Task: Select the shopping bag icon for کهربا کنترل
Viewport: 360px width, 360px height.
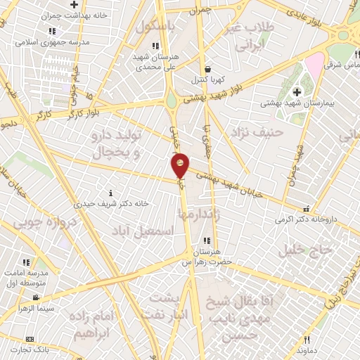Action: (x=209, y=69)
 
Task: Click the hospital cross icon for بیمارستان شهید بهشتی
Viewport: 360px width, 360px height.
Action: (x=297, y=92)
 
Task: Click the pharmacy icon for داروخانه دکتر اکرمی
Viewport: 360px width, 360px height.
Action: (x=306, y=209)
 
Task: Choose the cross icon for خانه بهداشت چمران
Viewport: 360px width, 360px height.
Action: (x=74, y=4)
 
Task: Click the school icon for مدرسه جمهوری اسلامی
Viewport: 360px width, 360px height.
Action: (x=53, y=32)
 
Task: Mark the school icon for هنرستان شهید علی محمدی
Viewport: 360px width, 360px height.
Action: (x=155, y=46)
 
